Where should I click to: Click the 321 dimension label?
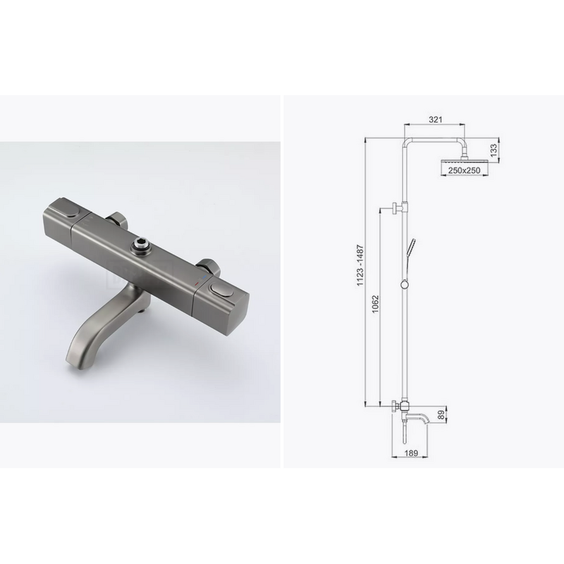pos(435,119)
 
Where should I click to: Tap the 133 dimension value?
pos(494,149)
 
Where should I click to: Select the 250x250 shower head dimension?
pos(464,171)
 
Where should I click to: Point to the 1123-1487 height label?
pos(360,266)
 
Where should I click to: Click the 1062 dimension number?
pos(376,305)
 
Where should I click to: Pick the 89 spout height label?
pos(441,415)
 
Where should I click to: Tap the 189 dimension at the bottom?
pos(411,453)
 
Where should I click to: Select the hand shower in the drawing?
pos(410,248)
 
